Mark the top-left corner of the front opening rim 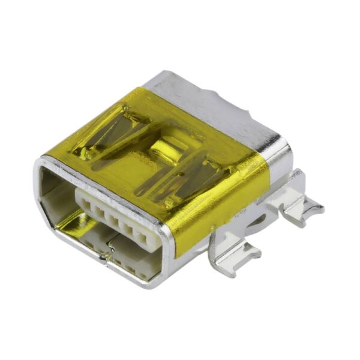tap(43, 161)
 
